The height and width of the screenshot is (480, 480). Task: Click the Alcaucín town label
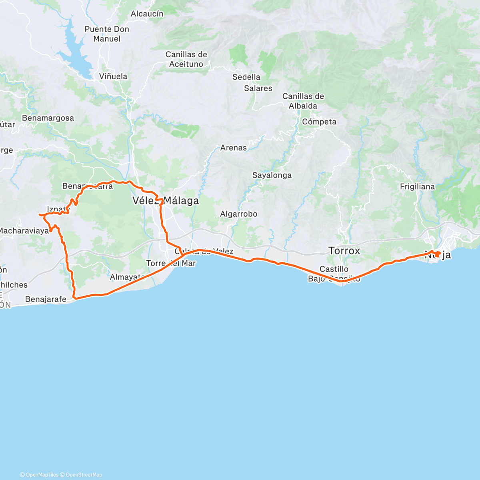click(x=147, y=14)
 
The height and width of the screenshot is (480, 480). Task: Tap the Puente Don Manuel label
click(x=107, y=34)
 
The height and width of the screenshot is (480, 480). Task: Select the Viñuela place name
click(x=113, y=76)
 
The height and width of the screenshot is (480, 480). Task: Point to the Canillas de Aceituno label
click(x=186, y=59)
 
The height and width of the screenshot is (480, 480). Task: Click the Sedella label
click(x=246, y=77)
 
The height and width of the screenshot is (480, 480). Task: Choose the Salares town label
click(x=258, y=88)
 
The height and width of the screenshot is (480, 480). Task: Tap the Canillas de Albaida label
click(x=303, y=101)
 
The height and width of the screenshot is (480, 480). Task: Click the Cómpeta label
click(x=319, y=122)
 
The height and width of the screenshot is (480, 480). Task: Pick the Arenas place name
click(x=234, y=148)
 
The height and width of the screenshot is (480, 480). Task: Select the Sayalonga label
click(x=272, y=175)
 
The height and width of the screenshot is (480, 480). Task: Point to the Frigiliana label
click(x=417, y=186)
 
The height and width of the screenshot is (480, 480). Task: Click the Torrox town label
click(x=344, y=251)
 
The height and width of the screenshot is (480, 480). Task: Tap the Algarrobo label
click(x=239, y=214)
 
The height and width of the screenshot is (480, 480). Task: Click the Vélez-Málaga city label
click(x=166, y=201)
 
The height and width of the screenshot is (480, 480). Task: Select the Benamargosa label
click(x=48, y=118)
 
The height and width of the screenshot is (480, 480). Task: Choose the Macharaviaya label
click(x=24, y=231)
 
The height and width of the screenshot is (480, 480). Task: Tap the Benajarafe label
click(x=46, y=299)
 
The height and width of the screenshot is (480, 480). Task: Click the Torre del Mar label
click(x=171, y=263)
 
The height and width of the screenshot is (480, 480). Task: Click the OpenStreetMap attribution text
click(x=84, y=475)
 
